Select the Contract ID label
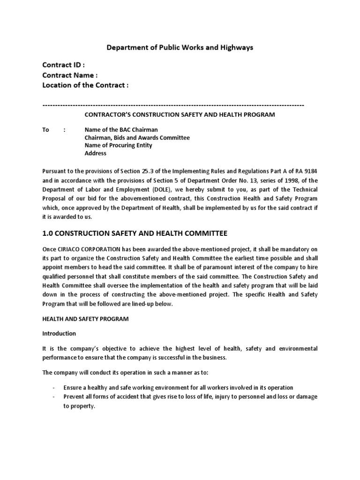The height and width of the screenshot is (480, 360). coord(64,65)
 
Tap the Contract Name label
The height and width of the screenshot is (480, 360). coord(70,75)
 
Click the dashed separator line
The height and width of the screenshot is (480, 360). coord(173,105)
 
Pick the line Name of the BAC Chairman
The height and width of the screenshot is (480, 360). coord(121,130)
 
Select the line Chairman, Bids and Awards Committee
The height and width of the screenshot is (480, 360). coord(137,138)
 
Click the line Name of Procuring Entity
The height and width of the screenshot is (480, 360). coord(118,145)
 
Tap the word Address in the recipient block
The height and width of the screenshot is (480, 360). coord(95,153)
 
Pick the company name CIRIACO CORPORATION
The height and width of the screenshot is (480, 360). coord(92,251)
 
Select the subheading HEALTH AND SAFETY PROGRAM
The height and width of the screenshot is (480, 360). coord(85,319)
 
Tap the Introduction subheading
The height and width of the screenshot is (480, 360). coord(59,334)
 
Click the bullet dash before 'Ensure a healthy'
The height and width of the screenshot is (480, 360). coord(54,388)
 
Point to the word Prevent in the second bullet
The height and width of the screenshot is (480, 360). coord(74,397)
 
